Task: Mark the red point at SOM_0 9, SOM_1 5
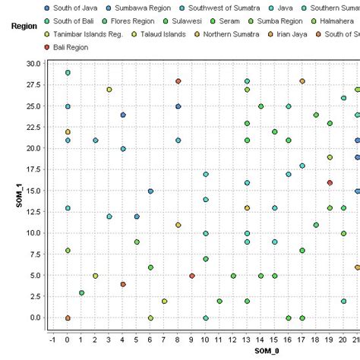tap(191, 276)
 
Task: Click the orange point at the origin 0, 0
tap(68, 318)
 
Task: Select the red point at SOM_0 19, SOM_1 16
tap(330, 182)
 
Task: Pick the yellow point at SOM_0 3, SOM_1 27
tap(109, 90)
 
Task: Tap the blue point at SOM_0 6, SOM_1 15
tap(150, 191)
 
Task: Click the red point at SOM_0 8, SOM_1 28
tap(178, 81)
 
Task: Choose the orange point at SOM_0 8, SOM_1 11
tap(178, 225)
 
